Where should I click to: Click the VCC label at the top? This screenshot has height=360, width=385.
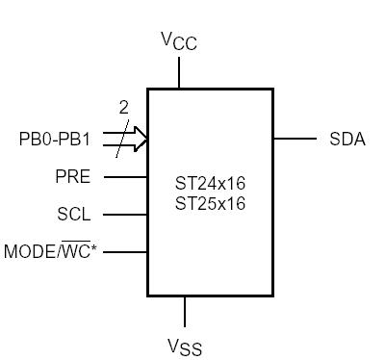(179, 40)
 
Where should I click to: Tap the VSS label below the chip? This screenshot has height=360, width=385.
(184, 345)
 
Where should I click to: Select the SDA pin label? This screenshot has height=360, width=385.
(346, 139)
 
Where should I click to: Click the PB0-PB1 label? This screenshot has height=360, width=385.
(55, 139)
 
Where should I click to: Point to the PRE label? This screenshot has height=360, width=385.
(73, 176)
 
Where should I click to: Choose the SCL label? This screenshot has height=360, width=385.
(74, 214)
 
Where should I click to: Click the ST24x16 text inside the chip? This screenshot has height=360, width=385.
(210, 183)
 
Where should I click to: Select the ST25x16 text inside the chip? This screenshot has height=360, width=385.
(210, 203)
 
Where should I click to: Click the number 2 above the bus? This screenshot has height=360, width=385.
(123, 109)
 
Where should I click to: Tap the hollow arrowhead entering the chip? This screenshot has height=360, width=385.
(141, 139)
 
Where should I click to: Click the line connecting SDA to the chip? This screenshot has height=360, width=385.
(295, 139)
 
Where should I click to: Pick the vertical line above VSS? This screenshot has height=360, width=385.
(184, 310)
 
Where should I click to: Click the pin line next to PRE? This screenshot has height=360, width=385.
(125, 176)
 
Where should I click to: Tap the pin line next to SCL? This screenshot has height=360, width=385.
(125, 214)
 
